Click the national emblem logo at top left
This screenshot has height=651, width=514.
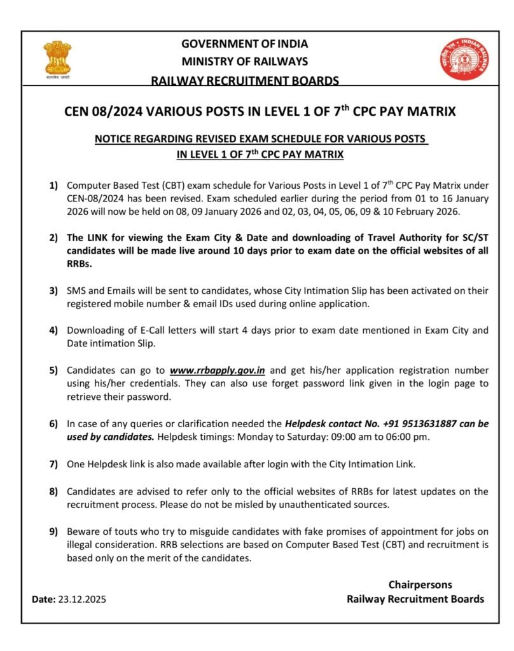point(57,60)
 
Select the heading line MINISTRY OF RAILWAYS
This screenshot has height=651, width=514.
point(244,62)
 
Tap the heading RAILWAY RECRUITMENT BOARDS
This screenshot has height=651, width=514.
point(244,80)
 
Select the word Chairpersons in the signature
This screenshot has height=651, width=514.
point(420,584)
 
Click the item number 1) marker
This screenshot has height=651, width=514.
point(53,186)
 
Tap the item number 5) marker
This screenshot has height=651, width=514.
point(53,370)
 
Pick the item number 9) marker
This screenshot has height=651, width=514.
point(53,531)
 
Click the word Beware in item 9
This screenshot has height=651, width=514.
point(83,531)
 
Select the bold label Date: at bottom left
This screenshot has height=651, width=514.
point(44,599)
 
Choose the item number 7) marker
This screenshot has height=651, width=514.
point(53,464)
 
